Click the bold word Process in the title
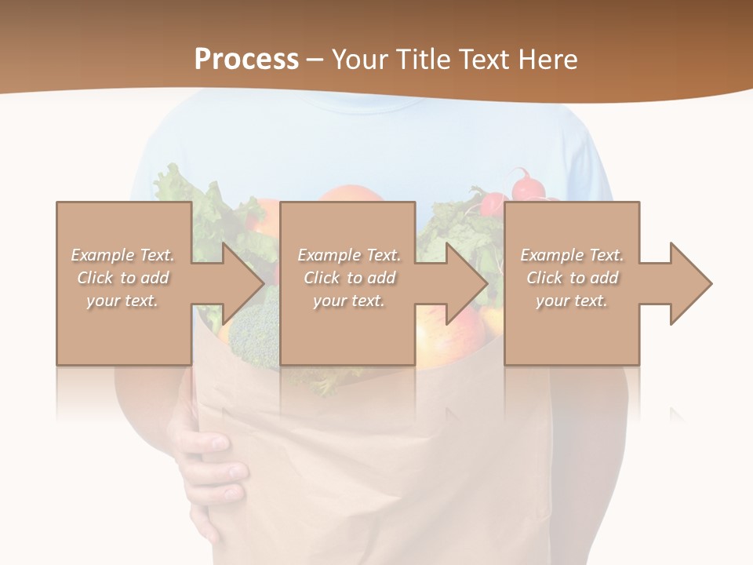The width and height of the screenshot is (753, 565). click(246, 59)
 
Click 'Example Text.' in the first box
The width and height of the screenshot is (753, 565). click(122, 255)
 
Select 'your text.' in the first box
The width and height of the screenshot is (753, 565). click(122, 301)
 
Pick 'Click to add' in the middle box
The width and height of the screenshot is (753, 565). click(349, 278)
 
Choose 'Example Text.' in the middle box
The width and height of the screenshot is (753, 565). click(349, 255)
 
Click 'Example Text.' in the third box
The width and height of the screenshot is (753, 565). click(572, 255)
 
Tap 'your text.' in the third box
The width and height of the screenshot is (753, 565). click(572, 301)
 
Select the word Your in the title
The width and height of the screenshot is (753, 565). click(358, 59)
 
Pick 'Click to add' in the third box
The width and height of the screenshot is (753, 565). click(572, 278)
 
